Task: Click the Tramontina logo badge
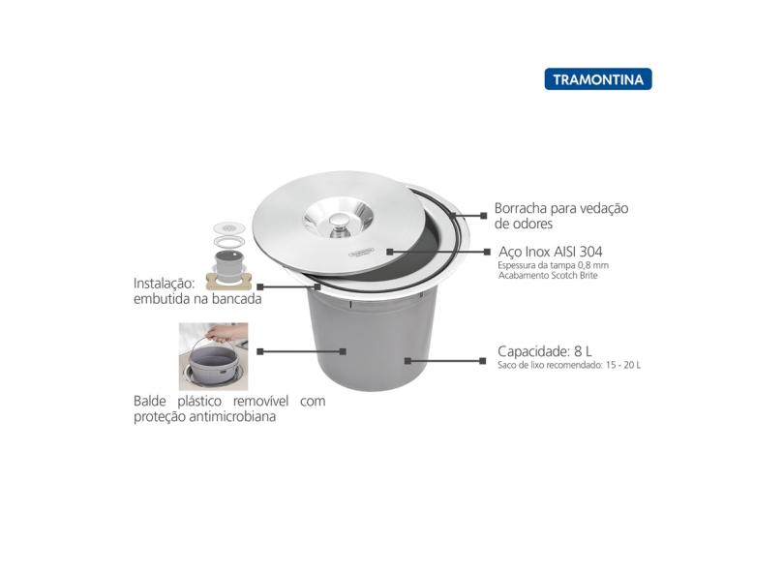click(x=598, y=79)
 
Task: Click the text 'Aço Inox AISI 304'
click(x=550, y=251)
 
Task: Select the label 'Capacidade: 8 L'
click(x=545, y=350)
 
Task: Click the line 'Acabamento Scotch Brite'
click(x=548, y=276)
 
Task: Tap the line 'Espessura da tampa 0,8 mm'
click(x=553, y=265)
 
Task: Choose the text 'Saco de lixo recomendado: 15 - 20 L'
click(x=569, y=365)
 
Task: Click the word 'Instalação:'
click(x=164, y=284)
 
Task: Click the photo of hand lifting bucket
click(x=214, y=356)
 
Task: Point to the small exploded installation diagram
click(x=229, y=255)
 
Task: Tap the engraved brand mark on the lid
click(x=362, y=254)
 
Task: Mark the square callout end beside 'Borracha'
click(x=484, y=216)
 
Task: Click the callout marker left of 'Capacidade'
click(x=483, y=360)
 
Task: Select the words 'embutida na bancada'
click(x=197, y=299)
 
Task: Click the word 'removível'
click(x=261, y=401)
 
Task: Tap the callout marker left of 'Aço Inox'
click(x=487, y=252)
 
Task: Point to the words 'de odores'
click(x=524, y=224)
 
